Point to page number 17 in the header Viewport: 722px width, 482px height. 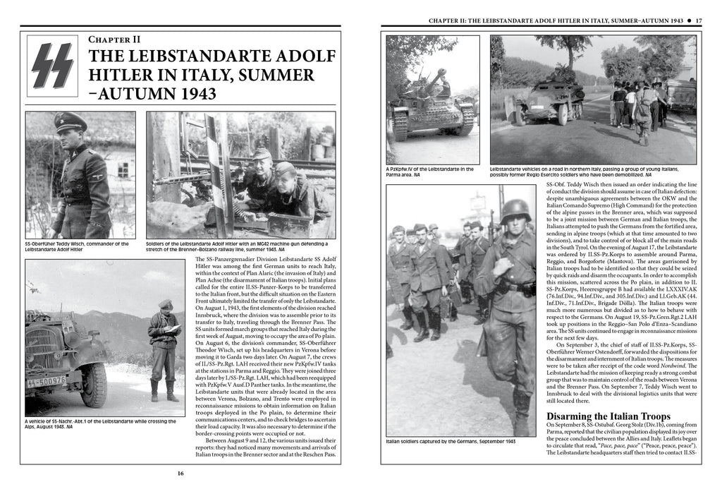pos(697,20)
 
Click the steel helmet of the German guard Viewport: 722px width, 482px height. pos(515,210)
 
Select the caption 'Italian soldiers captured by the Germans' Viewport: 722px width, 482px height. pos(451,441)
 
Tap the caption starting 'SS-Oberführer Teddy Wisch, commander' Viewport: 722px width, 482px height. pos(78,246)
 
